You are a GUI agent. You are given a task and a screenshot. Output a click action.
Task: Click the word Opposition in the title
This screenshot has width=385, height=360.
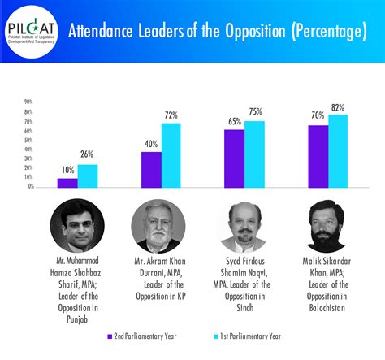tap(244, 32)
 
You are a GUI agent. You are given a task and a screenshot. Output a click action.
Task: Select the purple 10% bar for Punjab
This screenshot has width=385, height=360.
tap(67, 183)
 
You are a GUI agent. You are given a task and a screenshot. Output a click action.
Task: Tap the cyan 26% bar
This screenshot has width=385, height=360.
tap(88, 176)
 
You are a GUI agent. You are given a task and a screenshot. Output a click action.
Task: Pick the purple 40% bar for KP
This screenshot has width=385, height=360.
tap(151, 169)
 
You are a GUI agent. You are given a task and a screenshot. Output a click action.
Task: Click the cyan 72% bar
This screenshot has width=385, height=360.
tap(171, 154)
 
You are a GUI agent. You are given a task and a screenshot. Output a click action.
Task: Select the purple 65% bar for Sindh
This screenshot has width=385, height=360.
tap(234, 158)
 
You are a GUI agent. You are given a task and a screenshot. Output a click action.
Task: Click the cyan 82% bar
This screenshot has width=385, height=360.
tap(337, 150)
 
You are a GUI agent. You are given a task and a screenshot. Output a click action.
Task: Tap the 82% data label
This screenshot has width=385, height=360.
tap(338, 107)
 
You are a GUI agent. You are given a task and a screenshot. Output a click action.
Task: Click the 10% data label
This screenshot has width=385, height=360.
tap(67, 171)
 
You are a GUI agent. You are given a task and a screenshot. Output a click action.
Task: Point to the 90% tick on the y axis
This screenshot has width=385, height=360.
tap(28, 102)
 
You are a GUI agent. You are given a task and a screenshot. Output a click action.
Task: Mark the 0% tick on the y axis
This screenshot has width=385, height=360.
tap(29, 187)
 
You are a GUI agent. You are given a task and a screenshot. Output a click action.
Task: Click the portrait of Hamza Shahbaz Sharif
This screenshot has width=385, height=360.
tap(77, 225)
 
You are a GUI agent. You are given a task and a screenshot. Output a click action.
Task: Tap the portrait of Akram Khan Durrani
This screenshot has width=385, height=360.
tap(159, 225)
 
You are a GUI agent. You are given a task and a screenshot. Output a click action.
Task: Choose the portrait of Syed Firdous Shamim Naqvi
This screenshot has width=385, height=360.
tap(244, 225)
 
